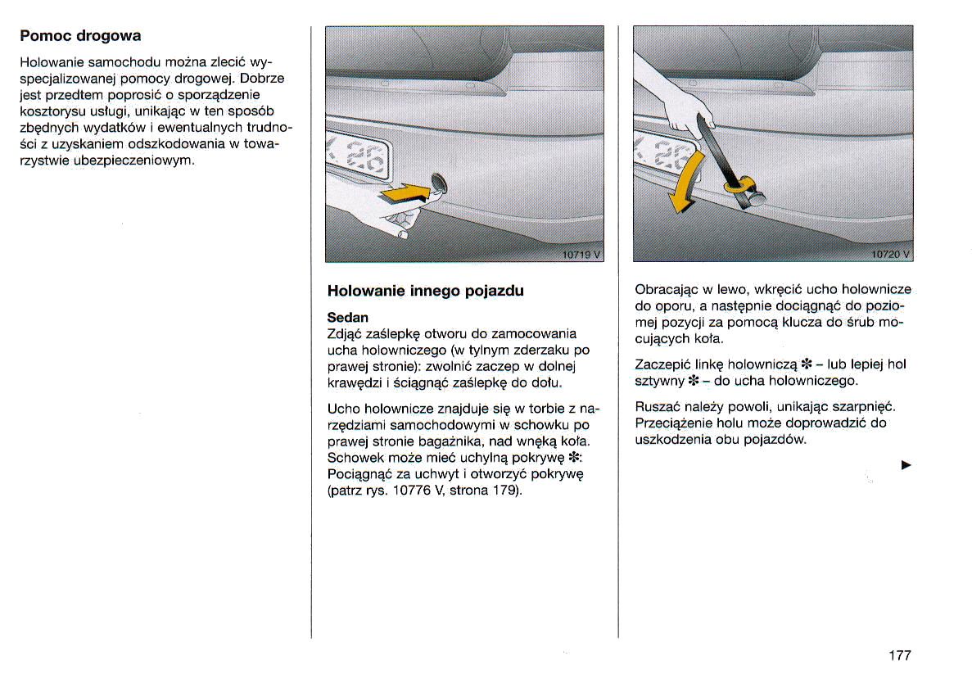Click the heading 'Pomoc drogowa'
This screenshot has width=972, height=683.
click(x=80, y=36)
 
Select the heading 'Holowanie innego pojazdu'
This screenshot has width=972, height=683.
click(x=425, y=291)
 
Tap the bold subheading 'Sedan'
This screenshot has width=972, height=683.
click(x=348, y=317)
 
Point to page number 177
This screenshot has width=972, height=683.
click(x=899, y=655)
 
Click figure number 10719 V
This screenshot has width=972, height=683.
click(x=581, y=254)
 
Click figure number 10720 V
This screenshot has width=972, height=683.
click(x=889, y=254)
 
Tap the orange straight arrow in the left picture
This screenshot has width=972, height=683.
click(x=406, y=193)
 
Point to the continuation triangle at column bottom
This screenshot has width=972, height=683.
click(x=906, y=465)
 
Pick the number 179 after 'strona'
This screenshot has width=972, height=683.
click(x=506, y=491)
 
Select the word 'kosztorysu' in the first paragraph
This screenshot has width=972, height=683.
click(x=48, y=111)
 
